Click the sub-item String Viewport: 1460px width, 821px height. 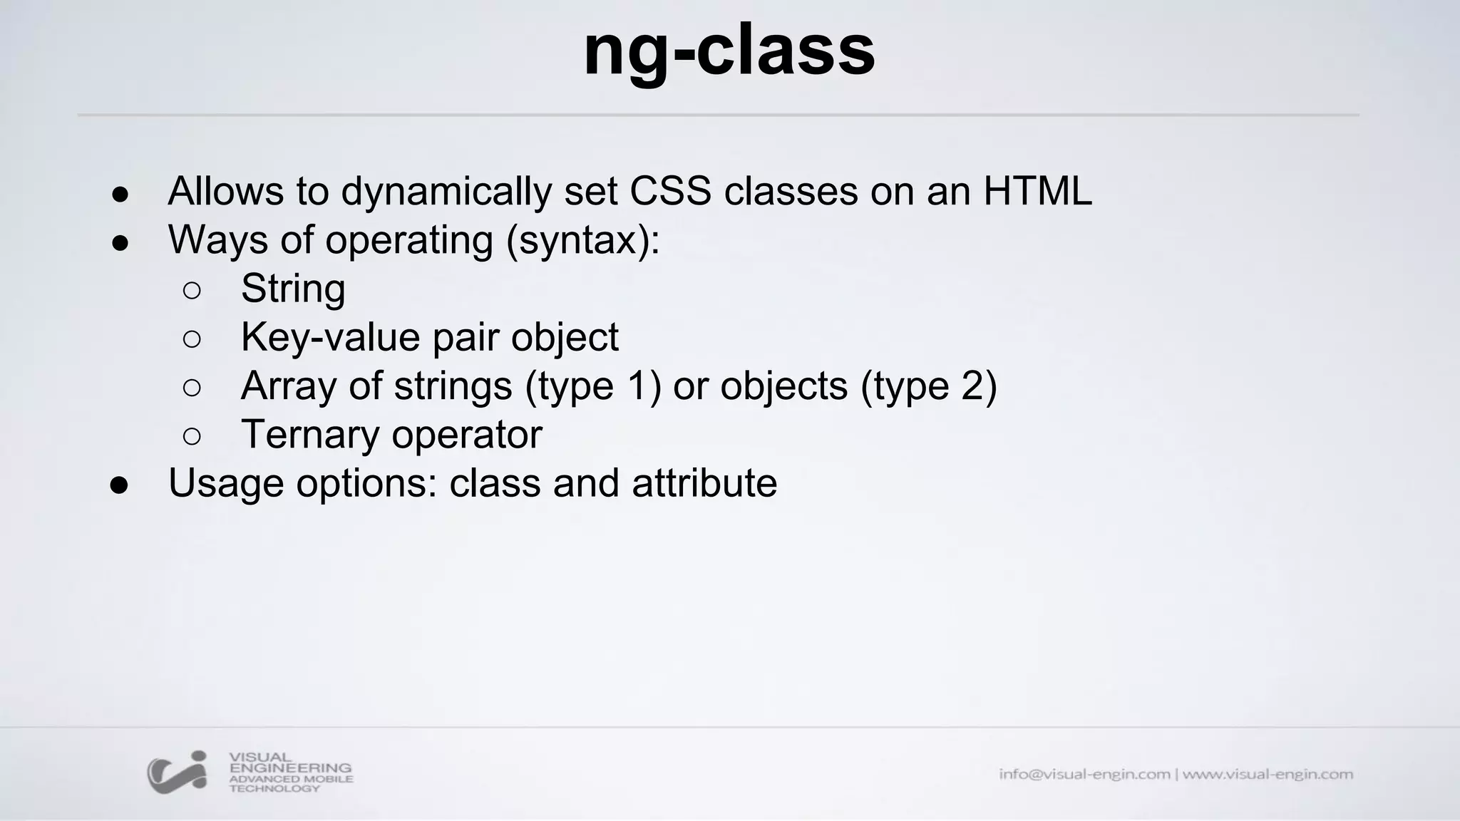[293, 289]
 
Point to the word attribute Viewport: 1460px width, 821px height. [704, 483]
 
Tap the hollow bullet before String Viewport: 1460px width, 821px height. [192, 290]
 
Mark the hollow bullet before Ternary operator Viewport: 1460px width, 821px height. [192, 436]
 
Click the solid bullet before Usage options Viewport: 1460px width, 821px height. [120, 485]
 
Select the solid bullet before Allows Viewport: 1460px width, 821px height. [120, 194]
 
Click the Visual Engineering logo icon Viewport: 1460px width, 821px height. [177, 772]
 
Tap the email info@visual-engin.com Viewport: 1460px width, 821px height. [1084, 774]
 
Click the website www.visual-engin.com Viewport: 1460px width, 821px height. [1268, 774]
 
